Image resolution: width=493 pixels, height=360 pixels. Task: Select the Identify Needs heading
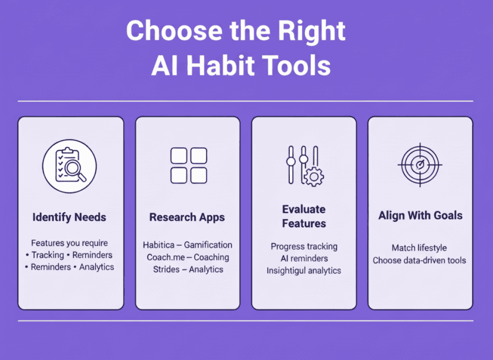click(69, 217)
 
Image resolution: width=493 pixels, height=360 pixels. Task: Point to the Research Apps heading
click(187, 217)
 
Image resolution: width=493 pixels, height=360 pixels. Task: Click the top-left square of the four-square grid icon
click(178, 156)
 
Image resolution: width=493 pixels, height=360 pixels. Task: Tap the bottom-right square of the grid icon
click(199, 175)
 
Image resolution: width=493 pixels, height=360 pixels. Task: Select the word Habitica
click(158, 245)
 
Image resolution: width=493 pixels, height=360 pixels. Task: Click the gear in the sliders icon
click(314, 177)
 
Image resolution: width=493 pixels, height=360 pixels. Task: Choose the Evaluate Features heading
click(304, 216)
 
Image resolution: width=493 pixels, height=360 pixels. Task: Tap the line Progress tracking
click(304, 246)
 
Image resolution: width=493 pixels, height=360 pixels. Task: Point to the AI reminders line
click(304, 258)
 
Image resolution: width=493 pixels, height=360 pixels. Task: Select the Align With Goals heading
click(419, 215)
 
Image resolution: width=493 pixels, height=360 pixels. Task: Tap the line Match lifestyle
click(419, 248)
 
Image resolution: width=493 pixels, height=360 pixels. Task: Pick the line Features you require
click(69, 243)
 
